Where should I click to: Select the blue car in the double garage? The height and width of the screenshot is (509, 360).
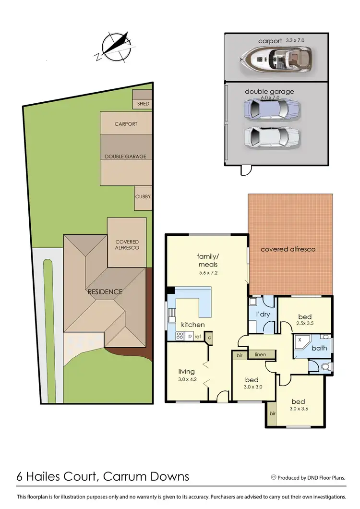point(272,110)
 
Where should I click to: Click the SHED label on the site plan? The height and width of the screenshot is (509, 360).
point(143,104)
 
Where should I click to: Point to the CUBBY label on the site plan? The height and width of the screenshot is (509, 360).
point(143,196)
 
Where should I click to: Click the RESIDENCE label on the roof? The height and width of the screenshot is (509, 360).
point(105,291)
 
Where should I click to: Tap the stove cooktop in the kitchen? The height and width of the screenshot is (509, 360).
point(180,336)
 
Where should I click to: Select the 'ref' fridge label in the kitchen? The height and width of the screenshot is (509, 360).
point(197,337)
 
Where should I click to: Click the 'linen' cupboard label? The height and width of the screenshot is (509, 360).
point(260,354)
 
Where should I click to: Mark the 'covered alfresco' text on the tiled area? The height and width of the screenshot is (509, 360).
point(288,249)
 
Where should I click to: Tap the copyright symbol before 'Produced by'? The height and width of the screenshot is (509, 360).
point(274,477)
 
